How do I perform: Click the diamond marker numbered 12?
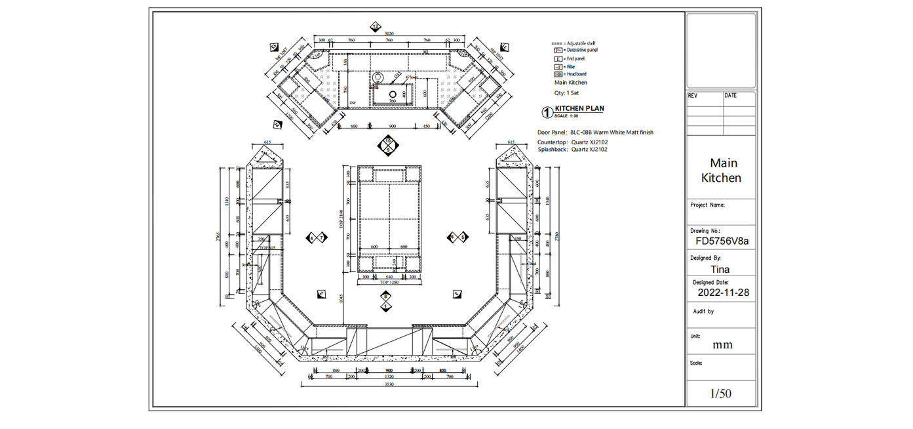tap(375, 27)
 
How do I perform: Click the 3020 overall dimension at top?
tap(389, 33)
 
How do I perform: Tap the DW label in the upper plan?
tap(353, 103)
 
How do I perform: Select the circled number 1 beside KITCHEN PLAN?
tap(547, 112)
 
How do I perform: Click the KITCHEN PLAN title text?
tap(579, 108)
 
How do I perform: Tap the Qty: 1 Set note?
tap(566, 93)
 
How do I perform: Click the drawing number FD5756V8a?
tap(722, 241)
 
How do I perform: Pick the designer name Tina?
tap(720, 269)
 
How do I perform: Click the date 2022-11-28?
tap(723, 293)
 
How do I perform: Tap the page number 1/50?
tap(720, 394)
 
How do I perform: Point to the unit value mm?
tap(722, 345)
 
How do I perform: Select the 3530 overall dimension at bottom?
tap(389, 385)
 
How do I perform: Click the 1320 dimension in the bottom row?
tap(389, 377)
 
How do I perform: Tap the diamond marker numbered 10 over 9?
tap(388, 145)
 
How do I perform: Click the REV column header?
tap(693, 96)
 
